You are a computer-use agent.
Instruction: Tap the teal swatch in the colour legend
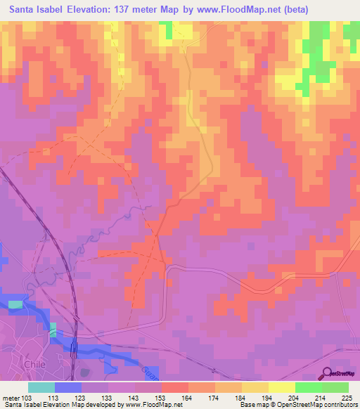click(41, 387)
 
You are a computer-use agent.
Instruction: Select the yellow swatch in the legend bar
click(281, 387)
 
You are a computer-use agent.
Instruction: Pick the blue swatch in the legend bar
click(68, 387)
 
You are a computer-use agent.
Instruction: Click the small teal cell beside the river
click(53, 329)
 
